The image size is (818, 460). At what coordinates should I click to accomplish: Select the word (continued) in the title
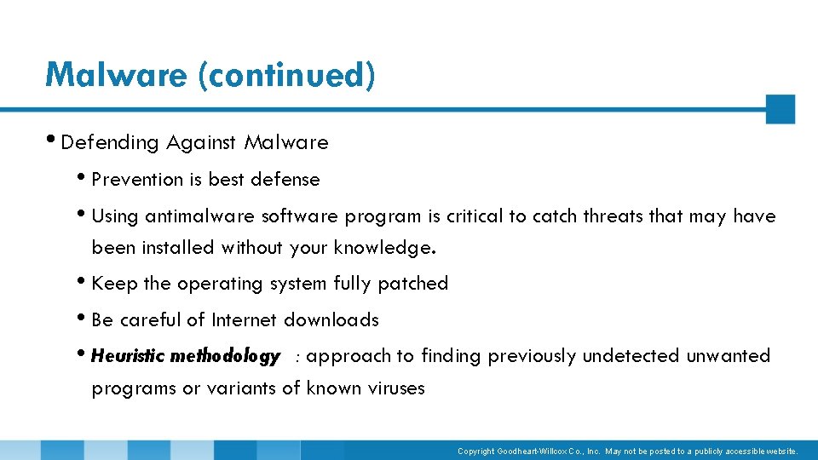(286, 75)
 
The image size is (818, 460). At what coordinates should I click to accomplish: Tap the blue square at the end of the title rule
(780, 109)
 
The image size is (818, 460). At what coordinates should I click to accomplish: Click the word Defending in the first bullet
(110, 143)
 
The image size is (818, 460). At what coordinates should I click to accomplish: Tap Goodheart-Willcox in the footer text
(532, 451)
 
